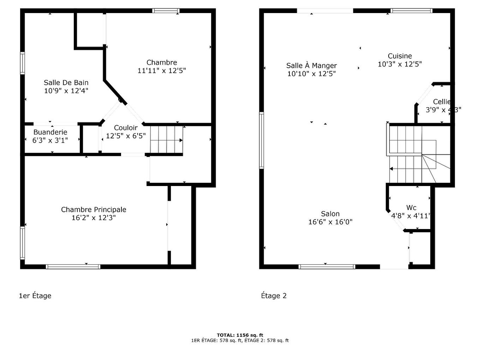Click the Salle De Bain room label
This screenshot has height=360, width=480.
pyautogui.click(x=66, y=83)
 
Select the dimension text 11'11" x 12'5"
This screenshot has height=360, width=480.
pyautogui.click(x=162, y=71)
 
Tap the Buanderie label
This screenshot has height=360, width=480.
pyautogui.click(x=50, y=132)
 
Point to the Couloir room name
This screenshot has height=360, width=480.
pyautogui.click(x=126, y=128)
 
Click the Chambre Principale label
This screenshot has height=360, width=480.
pyautogui.click(x=94, y=210)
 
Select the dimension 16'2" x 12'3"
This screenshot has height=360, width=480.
pyautogui.click(x=94, y=218)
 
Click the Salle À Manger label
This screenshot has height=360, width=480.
pyautogui.click(x=311, y=66)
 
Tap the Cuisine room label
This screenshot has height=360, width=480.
pyautogui.click(x=400, y=56)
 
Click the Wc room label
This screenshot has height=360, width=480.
pyautogui.click(x=411, y=208)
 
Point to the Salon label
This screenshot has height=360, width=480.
pyautogui.click(x=330, y=214)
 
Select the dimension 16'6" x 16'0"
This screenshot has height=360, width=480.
pyautogui.click(x=330, y=222)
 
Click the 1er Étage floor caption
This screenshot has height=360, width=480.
pyautogui.click(x=35, y=296)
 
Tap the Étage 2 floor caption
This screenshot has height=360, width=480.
pyautogui.click(x=274, y=296)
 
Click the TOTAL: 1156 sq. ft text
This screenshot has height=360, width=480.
pyautogui.click(x=240, y=335)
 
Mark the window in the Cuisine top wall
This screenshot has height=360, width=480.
pyautogui.click(x=412, y=11)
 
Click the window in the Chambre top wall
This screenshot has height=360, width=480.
pyautogui.click(x=166, y=11)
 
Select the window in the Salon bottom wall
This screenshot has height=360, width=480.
pyautogui.click(x=327, y=266)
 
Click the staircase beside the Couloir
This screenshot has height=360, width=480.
pyautogui.click(x=166, y=140)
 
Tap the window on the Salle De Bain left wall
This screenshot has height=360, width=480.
pyautogui.click(x=23, y=63)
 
